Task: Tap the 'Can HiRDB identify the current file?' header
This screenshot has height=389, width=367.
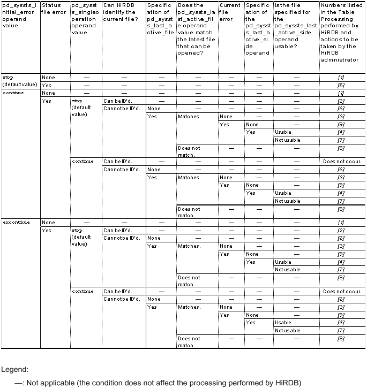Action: [122, 16]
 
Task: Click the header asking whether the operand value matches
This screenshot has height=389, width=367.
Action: [196, 33]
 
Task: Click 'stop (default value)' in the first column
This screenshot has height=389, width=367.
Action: [20, 81]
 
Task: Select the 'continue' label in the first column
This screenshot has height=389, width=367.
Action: [11, 93]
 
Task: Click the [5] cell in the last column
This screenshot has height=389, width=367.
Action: [341, 85]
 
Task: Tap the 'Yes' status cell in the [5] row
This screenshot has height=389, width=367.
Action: [47, 85]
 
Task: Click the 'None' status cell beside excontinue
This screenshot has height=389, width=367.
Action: [48, 222]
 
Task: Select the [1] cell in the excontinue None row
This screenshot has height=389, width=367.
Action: [341, 222]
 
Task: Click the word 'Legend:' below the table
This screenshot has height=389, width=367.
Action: [14, 369]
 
